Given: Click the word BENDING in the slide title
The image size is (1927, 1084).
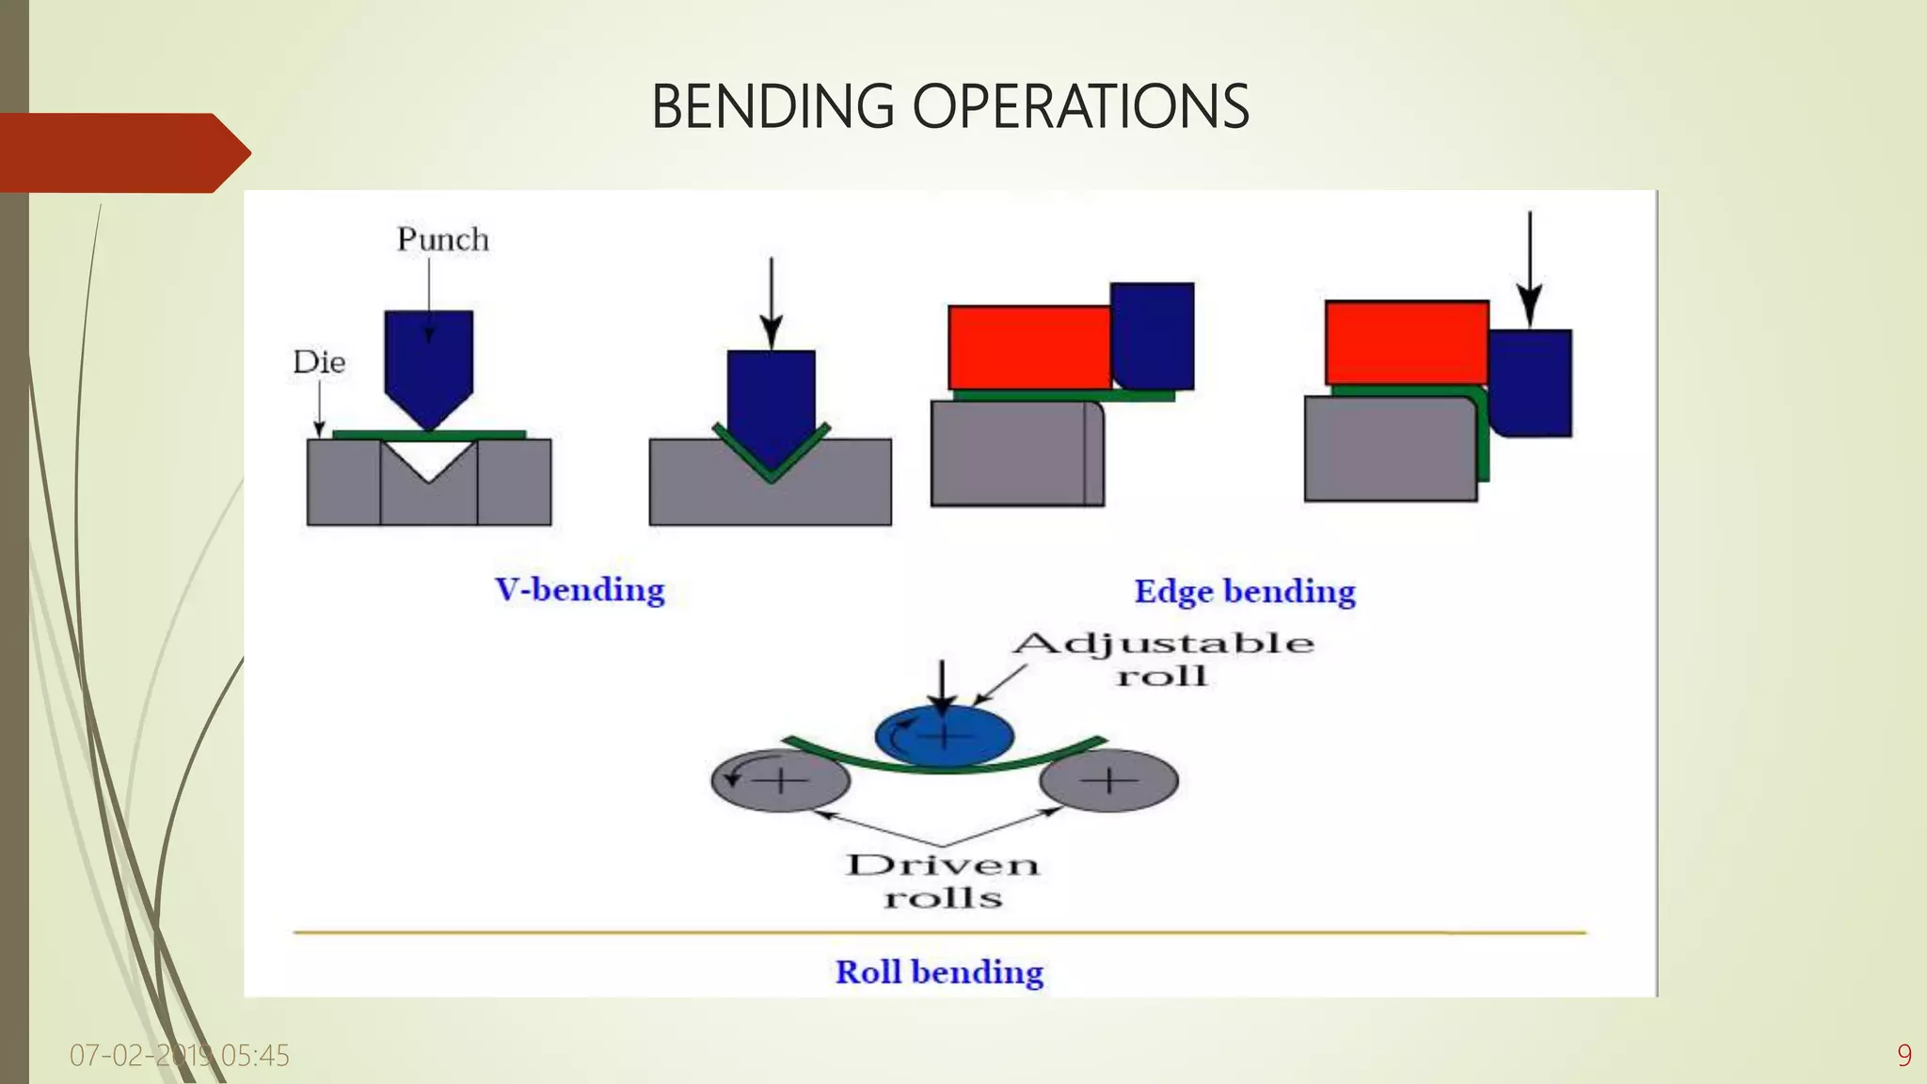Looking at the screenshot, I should coord(772,106).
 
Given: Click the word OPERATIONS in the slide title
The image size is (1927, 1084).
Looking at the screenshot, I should coord(1081,106).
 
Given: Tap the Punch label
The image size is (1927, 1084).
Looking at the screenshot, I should coord(442,239).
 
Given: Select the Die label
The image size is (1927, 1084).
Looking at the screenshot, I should coord(319,362).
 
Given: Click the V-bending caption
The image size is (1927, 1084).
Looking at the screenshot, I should coord(580,590).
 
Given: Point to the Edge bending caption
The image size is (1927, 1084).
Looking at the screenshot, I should coord(1244,592).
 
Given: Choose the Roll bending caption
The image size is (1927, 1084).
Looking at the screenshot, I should coord(939,972).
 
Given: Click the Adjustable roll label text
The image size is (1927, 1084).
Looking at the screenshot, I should coord(1163,659).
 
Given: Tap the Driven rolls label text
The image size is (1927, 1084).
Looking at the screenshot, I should coord(943,881).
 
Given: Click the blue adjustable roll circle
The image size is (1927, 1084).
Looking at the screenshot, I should coord(945,735).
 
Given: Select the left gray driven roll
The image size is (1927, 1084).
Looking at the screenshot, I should coord(780,781).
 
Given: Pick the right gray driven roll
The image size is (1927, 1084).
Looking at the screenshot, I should coord(1109,781).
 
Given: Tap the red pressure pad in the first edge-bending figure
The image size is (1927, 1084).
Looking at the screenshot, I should coord(1028,347).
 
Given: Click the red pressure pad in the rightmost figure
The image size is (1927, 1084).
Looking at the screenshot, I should coord(1406,343).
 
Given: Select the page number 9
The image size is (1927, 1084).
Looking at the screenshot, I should coord(1903,1056).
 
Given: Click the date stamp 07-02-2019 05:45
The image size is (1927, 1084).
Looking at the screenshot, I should coord(179,1056).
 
